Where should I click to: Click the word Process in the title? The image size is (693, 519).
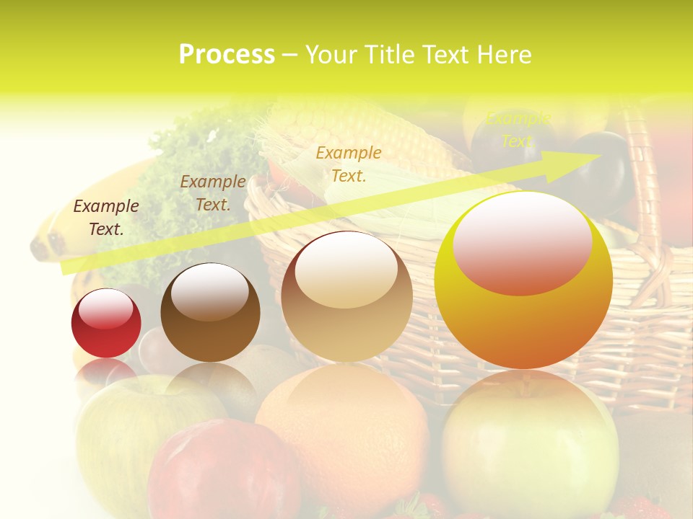[227, 55]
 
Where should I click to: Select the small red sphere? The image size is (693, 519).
[106, 324]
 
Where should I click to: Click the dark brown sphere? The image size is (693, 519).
[210, 313]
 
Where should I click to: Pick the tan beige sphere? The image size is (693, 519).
[346, 297]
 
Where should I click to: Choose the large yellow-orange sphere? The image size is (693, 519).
[523, 281]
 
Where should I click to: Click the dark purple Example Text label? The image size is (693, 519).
[106, 217]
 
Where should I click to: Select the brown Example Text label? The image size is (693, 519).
[213, 192]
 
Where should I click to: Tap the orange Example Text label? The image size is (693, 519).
[349, 164]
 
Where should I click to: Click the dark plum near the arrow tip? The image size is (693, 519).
[603, 180]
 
